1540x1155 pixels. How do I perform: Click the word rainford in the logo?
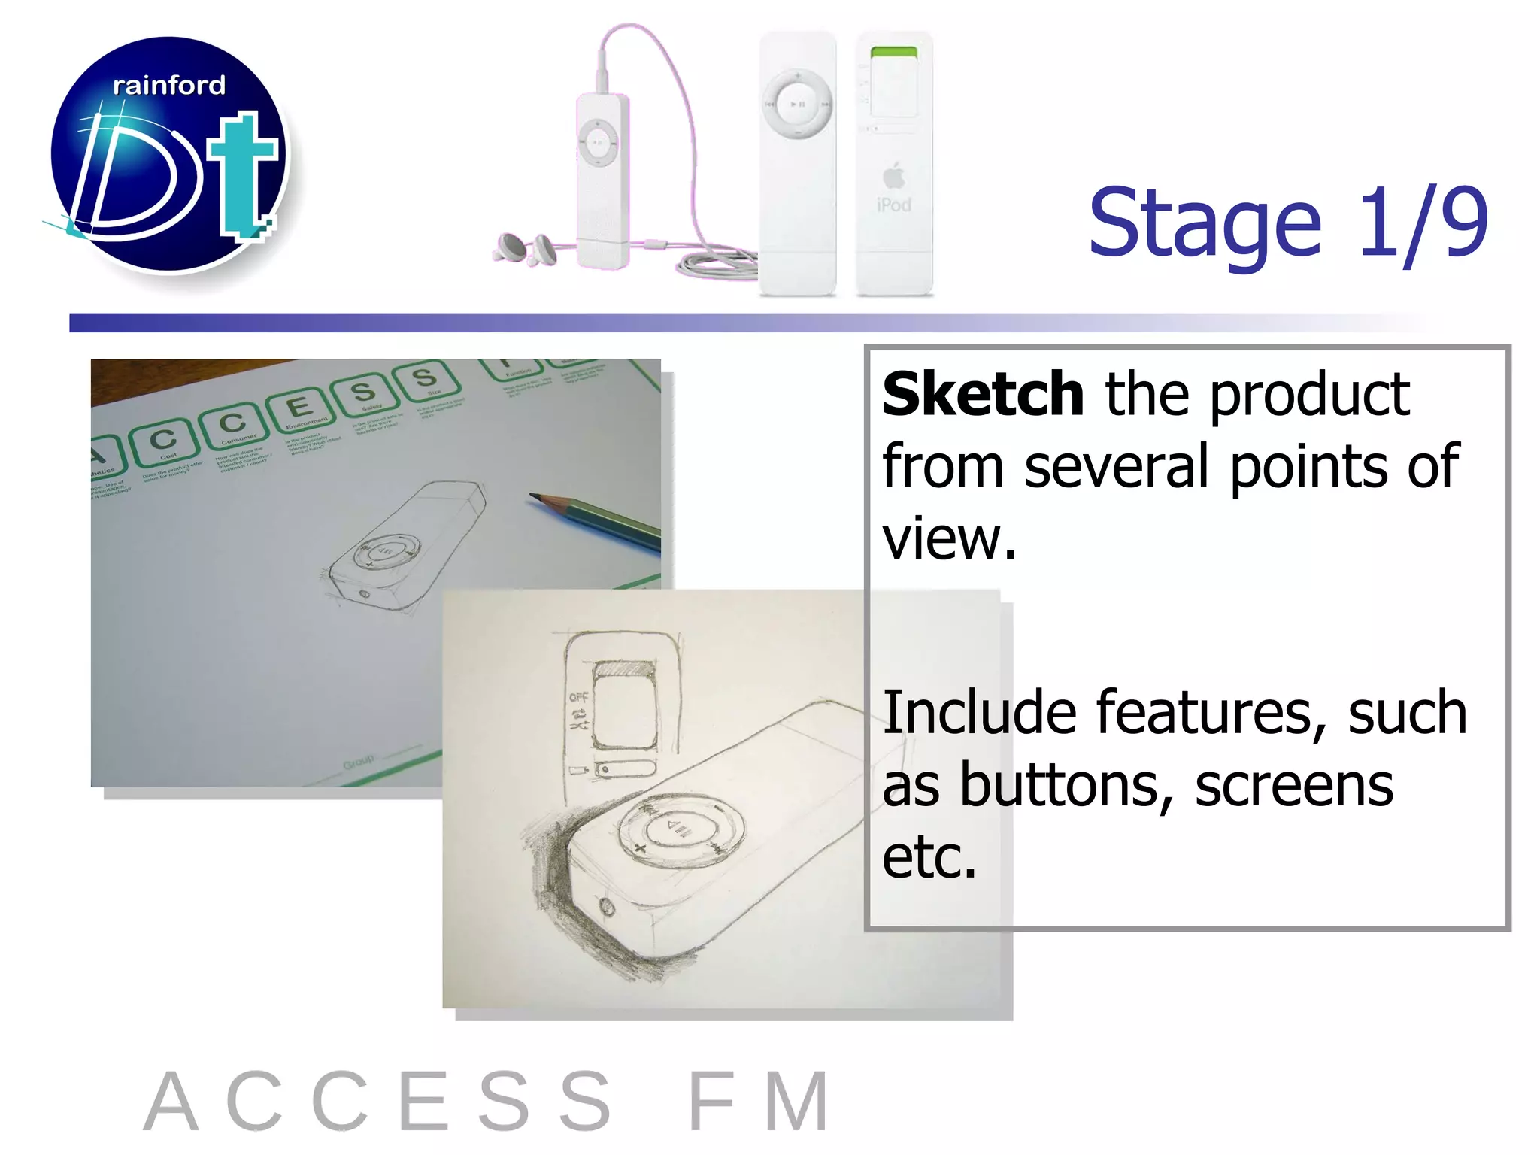click(168, 85)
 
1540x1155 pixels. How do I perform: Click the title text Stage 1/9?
click(1287, 222)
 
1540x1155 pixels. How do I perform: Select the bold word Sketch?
click(983, 394)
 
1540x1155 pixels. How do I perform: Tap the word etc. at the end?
click(929, 857)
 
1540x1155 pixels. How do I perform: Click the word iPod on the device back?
click(893, 205)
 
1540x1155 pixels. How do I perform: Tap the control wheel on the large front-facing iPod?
click(797, 105)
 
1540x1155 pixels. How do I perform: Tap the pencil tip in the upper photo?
click(535, 497)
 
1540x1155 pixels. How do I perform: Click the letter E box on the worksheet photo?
click(300, 408)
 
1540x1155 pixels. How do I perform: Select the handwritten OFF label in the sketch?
click(578, 697)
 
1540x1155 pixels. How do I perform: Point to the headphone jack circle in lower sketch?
click(606, 908)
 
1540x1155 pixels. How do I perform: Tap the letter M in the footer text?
click(796, 1102)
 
